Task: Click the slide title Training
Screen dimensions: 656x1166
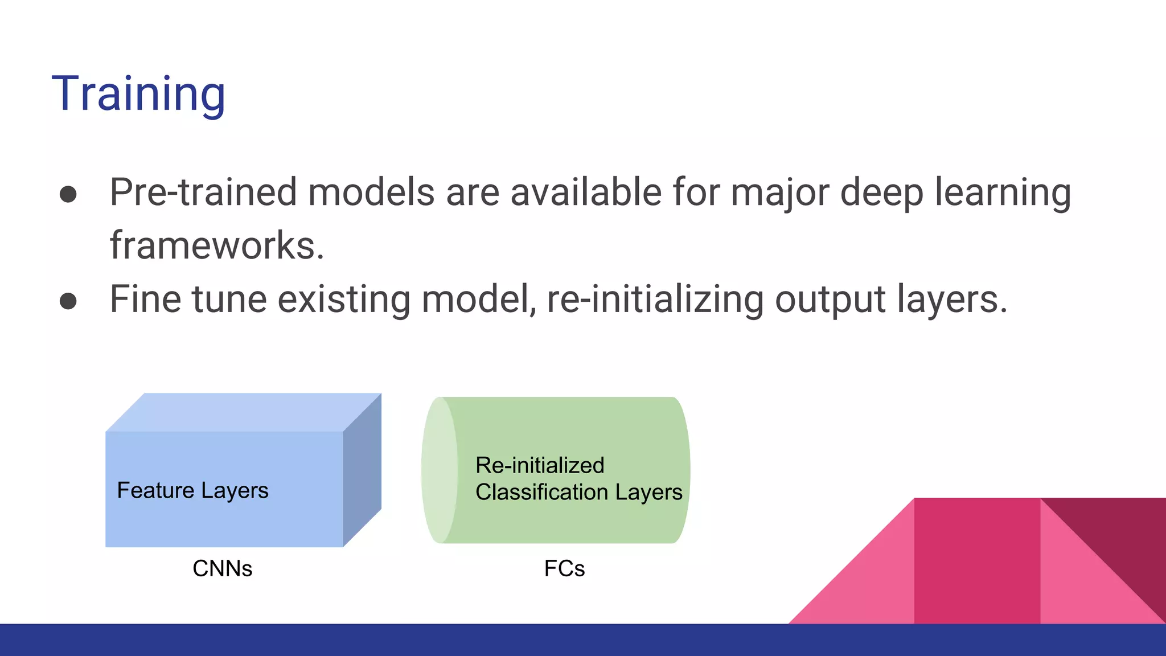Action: click(x=138, y=94)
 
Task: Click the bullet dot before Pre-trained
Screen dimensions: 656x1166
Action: click(x=68, y=194)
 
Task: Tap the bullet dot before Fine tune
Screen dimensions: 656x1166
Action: click(x=68, y=301)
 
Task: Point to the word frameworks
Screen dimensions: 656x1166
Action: click(x=216, y=245)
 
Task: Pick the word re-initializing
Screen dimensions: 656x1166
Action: click(x=655, y=299)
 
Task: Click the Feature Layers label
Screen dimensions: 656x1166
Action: click(x=192, y=490)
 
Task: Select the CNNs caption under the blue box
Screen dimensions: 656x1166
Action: click(x=222, y=568)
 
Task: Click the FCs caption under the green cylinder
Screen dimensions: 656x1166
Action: click(x=564, y=568)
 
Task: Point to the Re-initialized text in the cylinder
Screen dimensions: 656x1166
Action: click(x=540, y=465)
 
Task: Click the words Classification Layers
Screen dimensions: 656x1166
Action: click(x=578, y=492)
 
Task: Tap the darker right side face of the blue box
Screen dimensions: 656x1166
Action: click(x=362, y=470)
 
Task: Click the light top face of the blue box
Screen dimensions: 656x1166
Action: click(x=244, y=412)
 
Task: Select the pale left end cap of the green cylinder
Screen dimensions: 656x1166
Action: click(x=440, y=470)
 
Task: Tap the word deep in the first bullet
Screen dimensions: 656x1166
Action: click(x=881, y=192)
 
